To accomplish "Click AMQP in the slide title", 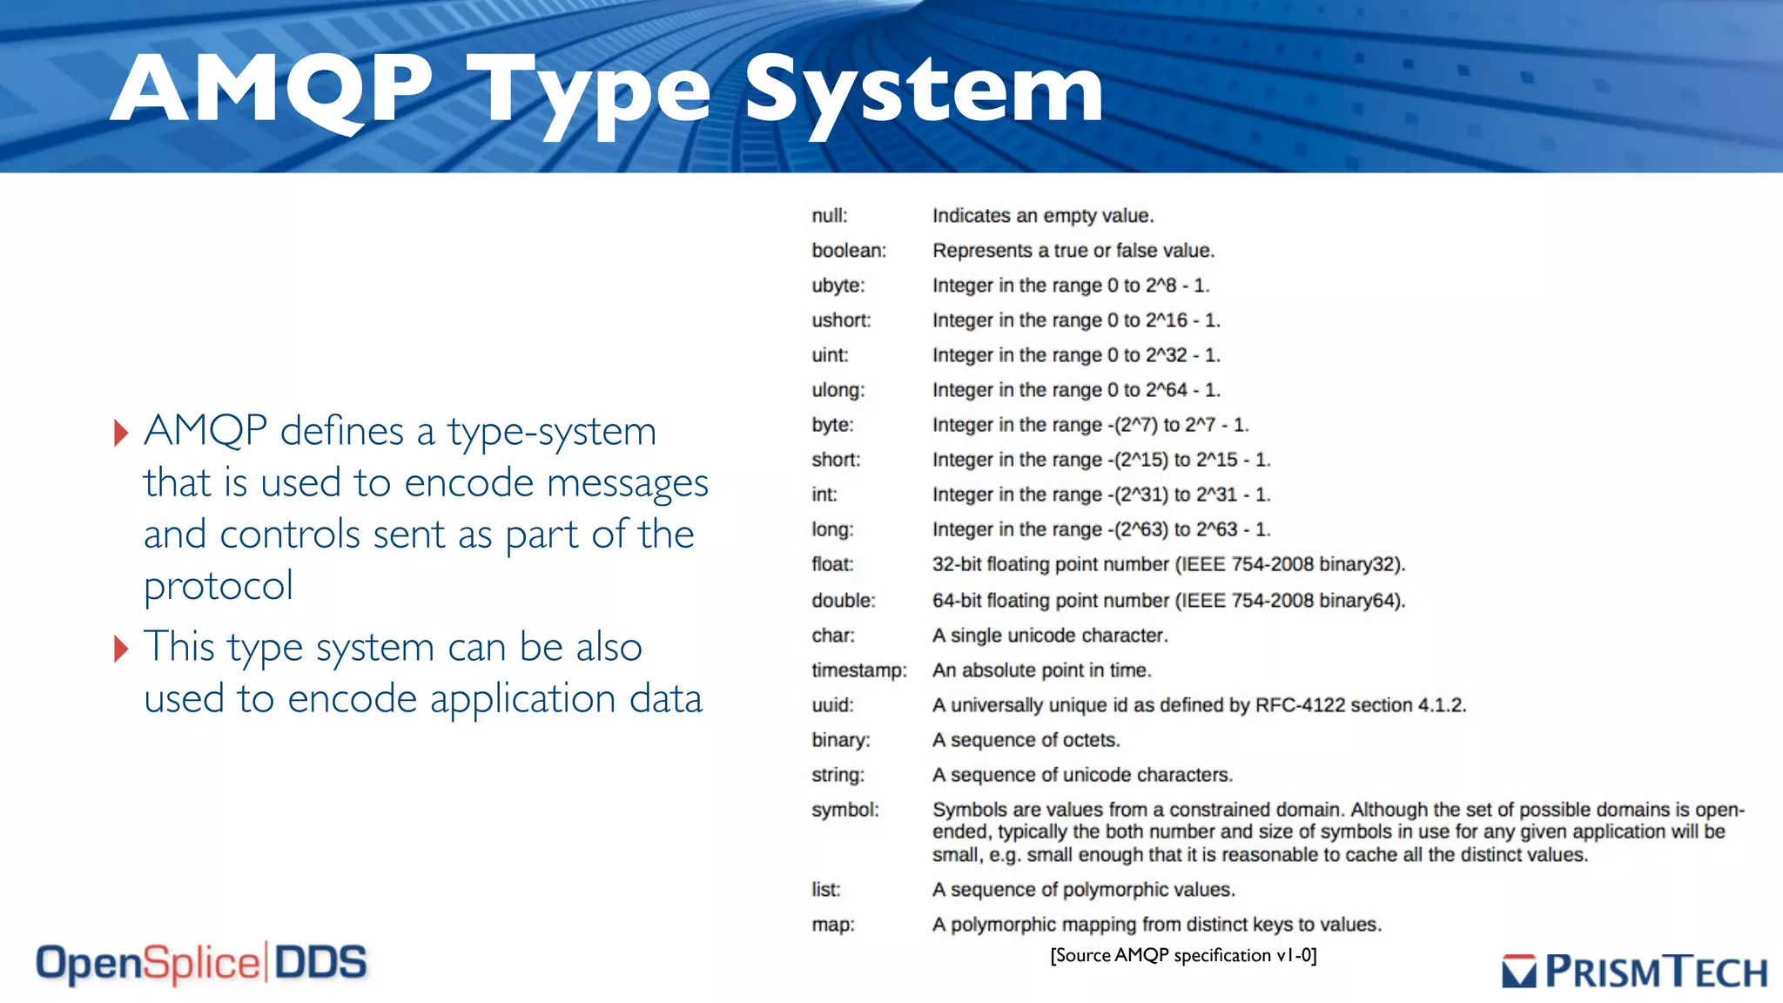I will tap(272, 89).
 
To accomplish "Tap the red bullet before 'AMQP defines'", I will tap(121, 433).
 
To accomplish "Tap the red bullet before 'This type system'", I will tap(121, 649).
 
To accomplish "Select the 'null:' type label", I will tap(829, 216).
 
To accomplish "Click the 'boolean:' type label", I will tap(848, 251).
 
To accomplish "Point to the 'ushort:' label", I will tap(840, 320).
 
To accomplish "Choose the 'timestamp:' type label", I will tap(858, 670).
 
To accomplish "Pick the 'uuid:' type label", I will tap(832, 705).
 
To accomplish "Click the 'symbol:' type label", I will tap(844, 810).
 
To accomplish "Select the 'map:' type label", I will tap(832, 925).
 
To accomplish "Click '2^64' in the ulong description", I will tap(1166, 390).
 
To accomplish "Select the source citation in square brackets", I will tap(1183, 956).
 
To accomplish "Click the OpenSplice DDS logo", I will tap(201, 964).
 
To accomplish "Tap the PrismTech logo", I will tap(1634, 972).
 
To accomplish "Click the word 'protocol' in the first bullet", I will tap(219, 586).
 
